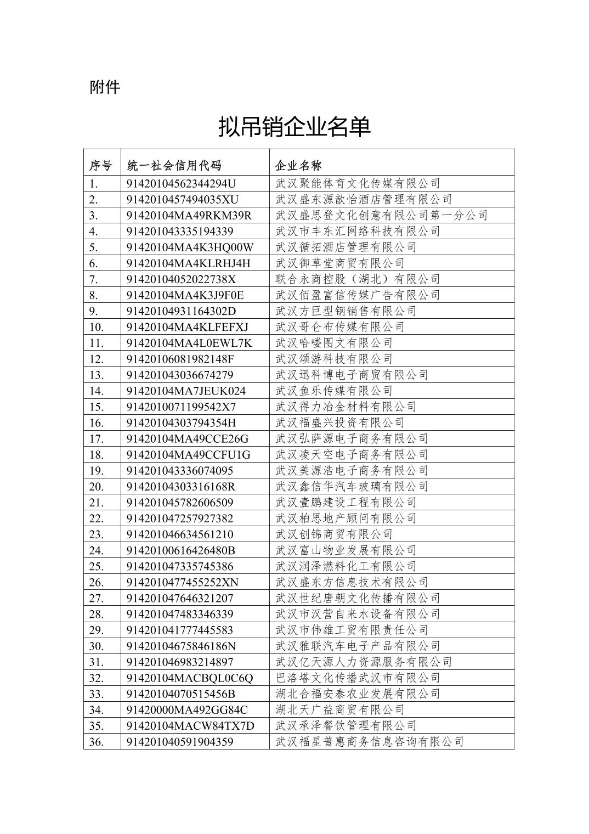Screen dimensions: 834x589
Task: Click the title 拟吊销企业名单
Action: point(294,127)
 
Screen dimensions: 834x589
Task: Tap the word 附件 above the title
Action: point(105,87)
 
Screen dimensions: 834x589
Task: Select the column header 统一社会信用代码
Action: point(174,166)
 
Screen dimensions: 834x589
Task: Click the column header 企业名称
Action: point(298,166)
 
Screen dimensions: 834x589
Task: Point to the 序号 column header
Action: point(101,166)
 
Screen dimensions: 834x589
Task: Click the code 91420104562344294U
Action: point(181,183)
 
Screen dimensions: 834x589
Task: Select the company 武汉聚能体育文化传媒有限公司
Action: point(358,183)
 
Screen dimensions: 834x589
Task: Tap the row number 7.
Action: point(94,279)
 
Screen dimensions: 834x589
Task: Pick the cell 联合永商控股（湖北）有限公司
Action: point(358,279)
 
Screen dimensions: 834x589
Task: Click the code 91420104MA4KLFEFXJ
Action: point(187,327)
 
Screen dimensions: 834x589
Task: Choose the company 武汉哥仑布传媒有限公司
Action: point(340,327)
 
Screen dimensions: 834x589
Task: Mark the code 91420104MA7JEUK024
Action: point(186,391)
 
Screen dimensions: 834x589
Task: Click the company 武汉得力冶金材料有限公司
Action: point(346,407)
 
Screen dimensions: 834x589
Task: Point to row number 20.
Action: point(97,487)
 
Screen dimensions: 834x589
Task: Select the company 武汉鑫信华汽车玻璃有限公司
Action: point(352,487)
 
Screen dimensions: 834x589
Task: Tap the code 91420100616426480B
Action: point(180,550)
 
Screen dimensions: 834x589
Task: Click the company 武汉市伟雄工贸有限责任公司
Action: point(352,630)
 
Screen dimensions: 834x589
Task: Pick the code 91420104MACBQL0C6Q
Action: point(190,678)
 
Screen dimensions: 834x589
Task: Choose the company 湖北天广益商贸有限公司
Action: point(340,710)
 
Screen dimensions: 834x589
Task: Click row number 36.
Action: point(97,742)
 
